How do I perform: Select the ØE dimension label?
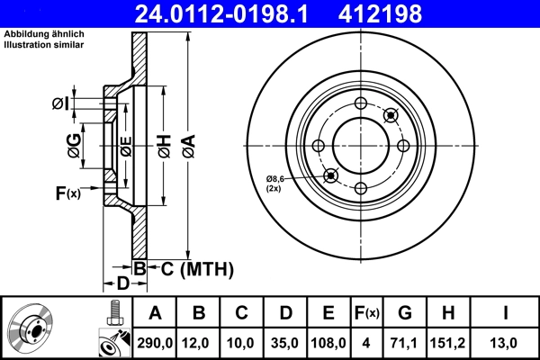[126, 145]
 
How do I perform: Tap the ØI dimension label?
[60, 103]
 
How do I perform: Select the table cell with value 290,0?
[156, 341]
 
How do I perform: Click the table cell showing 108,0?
[328, 341]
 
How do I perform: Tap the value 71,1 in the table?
[405, 341]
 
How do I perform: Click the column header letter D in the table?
[285, 313]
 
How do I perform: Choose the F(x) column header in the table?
[367, 313]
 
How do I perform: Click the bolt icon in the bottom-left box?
[112, 313]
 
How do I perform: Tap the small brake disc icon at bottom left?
[31, 328]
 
